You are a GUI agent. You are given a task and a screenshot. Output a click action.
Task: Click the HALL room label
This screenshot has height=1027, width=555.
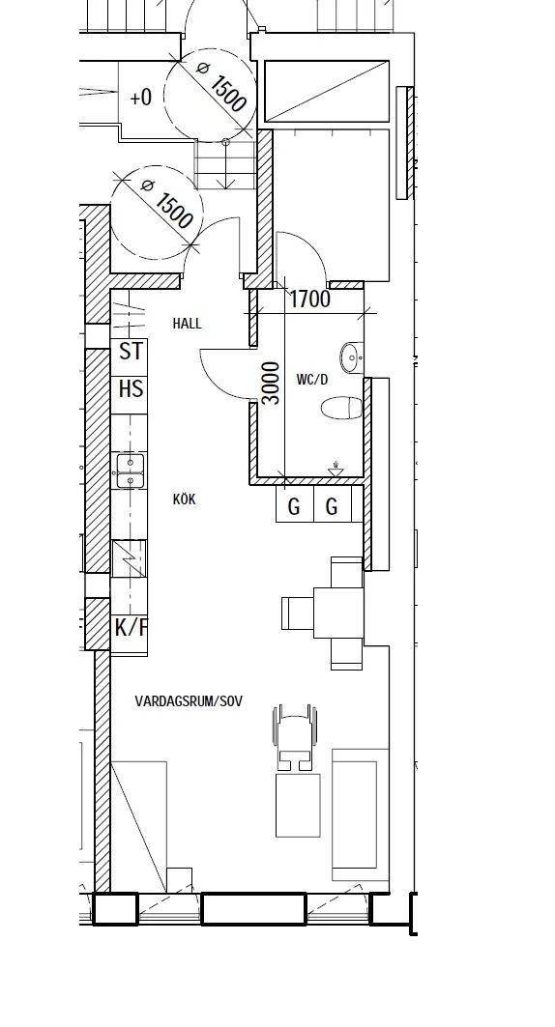click(x=187, y=324)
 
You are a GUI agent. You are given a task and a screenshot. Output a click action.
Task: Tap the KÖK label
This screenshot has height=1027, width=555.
click(x=184, y=499)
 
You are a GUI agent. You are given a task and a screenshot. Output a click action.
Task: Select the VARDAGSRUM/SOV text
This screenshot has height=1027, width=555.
click(x=189, y=700)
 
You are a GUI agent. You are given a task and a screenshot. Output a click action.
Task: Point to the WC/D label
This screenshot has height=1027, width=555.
click(x=312, y=380)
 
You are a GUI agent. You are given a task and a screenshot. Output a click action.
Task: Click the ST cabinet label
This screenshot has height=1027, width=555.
click(x=131, y=352)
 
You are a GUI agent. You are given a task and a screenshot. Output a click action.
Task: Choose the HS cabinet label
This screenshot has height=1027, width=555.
click(x=131, y=389)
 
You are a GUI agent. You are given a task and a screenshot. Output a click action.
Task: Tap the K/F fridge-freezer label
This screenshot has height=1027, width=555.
click(x=131, y=627)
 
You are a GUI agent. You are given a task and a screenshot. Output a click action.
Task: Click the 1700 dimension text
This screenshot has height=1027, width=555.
click(x=310, y=300)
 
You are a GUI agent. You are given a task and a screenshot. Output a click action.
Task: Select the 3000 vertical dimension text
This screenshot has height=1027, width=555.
click(x=271, y=384)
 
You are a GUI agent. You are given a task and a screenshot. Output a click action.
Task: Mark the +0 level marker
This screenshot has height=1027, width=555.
click(x=141, y=98)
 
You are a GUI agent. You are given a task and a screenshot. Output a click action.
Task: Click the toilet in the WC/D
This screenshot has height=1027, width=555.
click(x=342, y=408)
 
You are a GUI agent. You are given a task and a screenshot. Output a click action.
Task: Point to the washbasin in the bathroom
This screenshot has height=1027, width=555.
click(x=352, y=357)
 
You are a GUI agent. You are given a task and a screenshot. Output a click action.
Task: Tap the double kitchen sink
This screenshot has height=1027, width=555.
click(x=131, y=471)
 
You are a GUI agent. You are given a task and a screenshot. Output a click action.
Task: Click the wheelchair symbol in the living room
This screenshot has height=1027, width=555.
click(x=295, y=737)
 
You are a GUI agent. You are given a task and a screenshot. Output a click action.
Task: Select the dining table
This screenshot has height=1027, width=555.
click(x=338, y=613)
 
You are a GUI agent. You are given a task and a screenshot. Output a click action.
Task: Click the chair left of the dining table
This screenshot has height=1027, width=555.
click(x=298, y=613)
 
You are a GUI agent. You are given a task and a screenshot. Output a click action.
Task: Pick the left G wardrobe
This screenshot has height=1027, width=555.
click(x=295, y=503)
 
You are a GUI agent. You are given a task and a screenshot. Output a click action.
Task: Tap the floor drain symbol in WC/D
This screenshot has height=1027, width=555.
click(x=336, y=469)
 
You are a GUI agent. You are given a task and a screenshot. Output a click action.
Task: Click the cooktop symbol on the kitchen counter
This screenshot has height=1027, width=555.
click(x=130, y=558)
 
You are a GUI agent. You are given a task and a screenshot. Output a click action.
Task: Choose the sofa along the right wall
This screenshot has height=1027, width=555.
click(x=361, y=814)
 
